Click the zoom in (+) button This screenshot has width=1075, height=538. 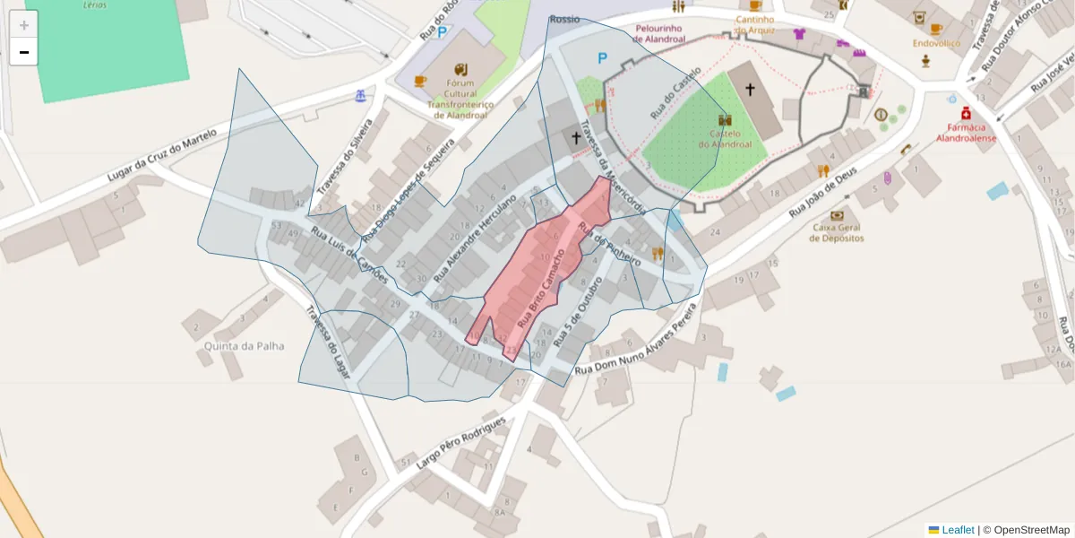tap(23, 24)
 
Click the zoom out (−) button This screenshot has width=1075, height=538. tap(23, 52)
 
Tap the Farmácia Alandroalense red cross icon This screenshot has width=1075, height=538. tap(966, 113)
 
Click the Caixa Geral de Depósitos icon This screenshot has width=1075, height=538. tap(837, 215)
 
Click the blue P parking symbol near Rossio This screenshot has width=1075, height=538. tap(602, 59)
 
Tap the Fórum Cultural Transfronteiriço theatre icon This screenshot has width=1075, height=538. tap(460, 70)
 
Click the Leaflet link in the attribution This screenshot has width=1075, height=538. tap(957, 530)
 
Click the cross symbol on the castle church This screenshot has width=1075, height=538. tap(750, 90)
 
